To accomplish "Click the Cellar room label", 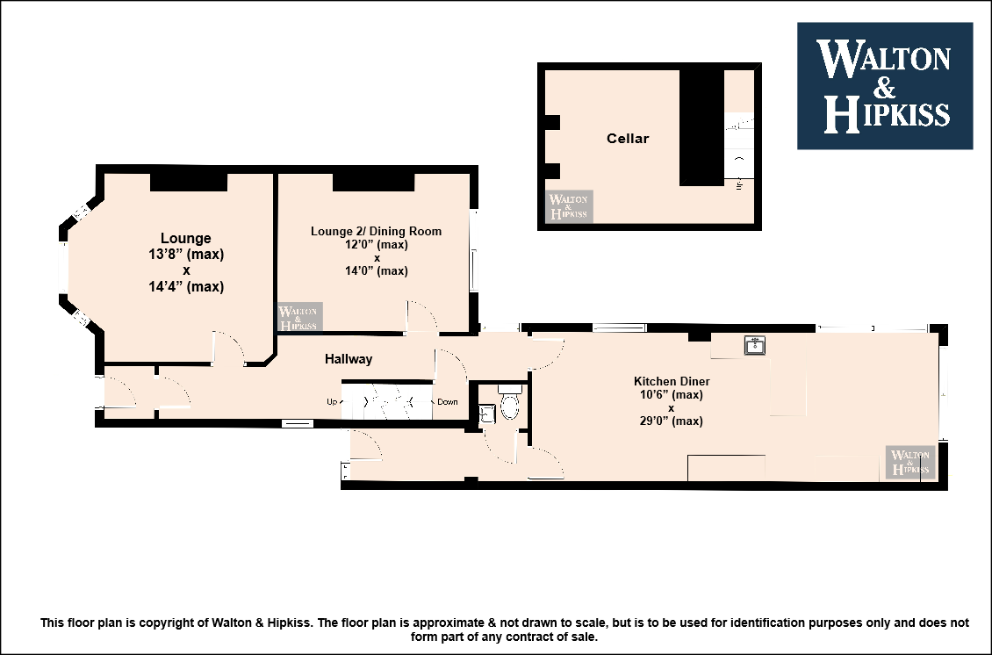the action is (x=628, y=139).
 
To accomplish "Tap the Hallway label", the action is (x=349, y=359).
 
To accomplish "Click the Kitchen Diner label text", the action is (x=672, y=381).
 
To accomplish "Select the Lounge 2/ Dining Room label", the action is (x=376, y=231).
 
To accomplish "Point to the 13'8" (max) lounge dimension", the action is (x=186, y=255).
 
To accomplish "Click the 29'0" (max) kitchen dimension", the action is (x=672, y=421).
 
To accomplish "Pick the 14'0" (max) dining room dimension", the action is (x=377, y=270).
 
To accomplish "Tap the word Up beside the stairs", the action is (x=332, y=402).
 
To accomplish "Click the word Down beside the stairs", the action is (x=448, y=402).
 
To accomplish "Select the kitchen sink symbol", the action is (x=755, y=346).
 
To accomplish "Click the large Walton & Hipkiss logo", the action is (x=884, y=86).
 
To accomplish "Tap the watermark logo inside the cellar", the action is (x=570, y=206).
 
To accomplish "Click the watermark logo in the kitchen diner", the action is (x=909, y=461).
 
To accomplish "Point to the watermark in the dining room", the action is (x=300, y=316).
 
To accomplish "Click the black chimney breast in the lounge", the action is (x=189, y=182).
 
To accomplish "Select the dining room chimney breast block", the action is (x=373, y=182).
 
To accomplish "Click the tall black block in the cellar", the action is (x=701, y=128).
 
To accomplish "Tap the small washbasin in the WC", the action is (x=487, y=414).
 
